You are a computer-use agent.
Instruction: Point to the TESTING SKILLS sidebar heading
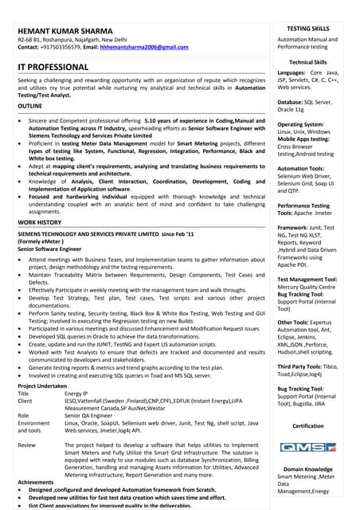(x=308, y=28)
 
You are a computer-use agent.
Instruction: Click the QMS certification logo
(x=308, y=448)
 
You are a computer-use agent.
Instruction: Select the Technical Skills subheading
(x=308, y=61)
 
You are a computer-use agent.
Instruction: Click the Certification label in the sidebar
(x=308, y=426)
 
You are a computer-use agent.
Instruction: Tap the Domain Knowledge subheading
(x=308, y=469)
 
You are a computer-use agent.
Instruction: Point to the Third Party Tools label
(x=305, y=364)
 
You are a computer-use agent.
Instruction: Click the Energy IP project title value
(x=76, y=394)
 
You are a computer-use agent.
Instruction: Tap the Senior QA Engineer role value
(x=89, y=415)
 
